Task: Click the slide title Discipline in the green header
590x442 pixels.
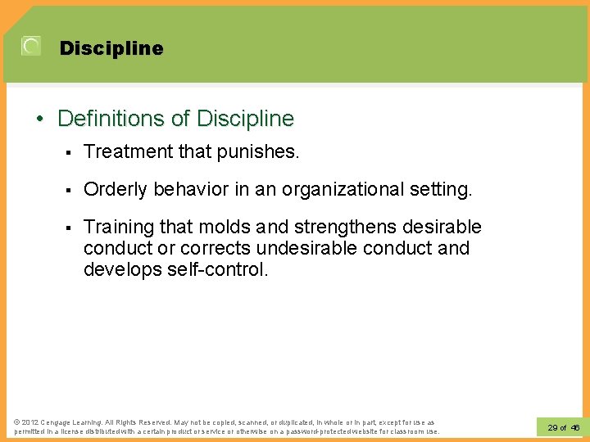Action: coord(111,48)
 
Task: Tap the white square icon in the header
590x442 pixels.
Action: coord(31,47)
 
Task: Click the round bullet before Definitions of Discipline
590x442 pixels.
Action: coord(40,120)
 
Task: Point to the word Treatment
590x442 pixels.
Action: coord(124,151)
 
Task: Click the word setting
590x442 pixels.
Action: coord(443,189)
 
